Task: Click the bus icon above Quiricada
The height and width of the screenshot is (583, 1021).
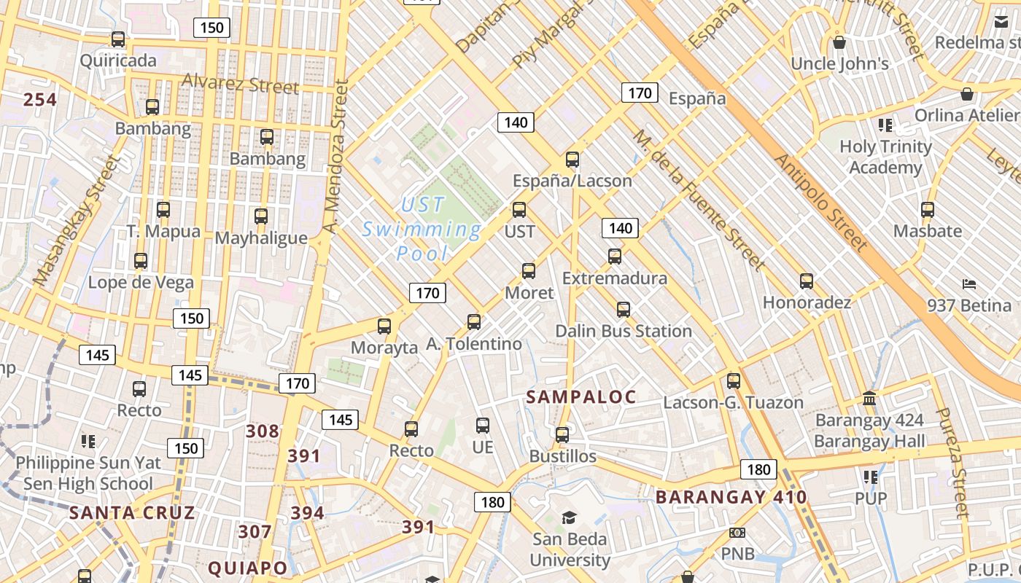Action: click(117, 39)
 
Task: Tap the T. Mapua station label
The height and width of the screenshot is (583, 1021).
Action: click(163, 232)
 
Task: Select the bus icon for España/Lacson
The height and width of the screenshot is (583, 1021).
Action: click(572, 160)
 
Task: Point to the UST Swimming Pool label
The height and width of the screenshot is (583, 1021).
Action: click(422, 229)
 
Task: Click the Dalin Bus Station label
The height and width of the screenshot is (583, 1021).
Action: click(624, 331)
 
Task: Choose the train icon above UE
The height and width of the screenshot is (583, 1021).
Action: click(482, 426)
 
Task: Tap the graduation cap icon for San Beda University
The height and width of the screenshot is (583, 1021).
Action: click(569, 518)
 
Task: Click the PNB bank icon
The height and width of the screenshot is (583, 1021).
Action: click(737, 533)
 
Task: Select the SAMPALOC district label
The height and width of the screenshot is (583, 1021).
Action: click(581, 397)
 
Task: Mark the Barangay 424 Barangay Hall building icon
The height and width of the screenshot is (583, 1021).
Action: click(869, 399)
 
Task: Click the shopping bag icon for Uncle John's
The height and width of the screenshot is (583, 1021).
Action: click(839, 42)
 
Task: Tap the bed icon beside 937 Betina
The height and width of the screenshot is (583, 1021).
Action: click(968, 283)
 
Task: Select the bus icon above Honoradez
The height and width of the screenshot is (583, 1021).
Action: click(807, 281)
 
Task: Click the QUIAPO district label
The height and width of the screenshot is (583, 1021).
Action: click(248, 568)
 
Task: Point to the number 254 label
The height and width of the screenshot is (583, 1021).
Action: click(40, 100)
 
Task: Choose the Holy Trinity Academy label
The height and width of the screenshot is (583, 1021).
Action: click(885, 157)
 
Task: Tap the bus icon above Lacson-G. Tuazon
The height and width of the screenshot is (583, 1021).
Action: click(734, 381)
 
